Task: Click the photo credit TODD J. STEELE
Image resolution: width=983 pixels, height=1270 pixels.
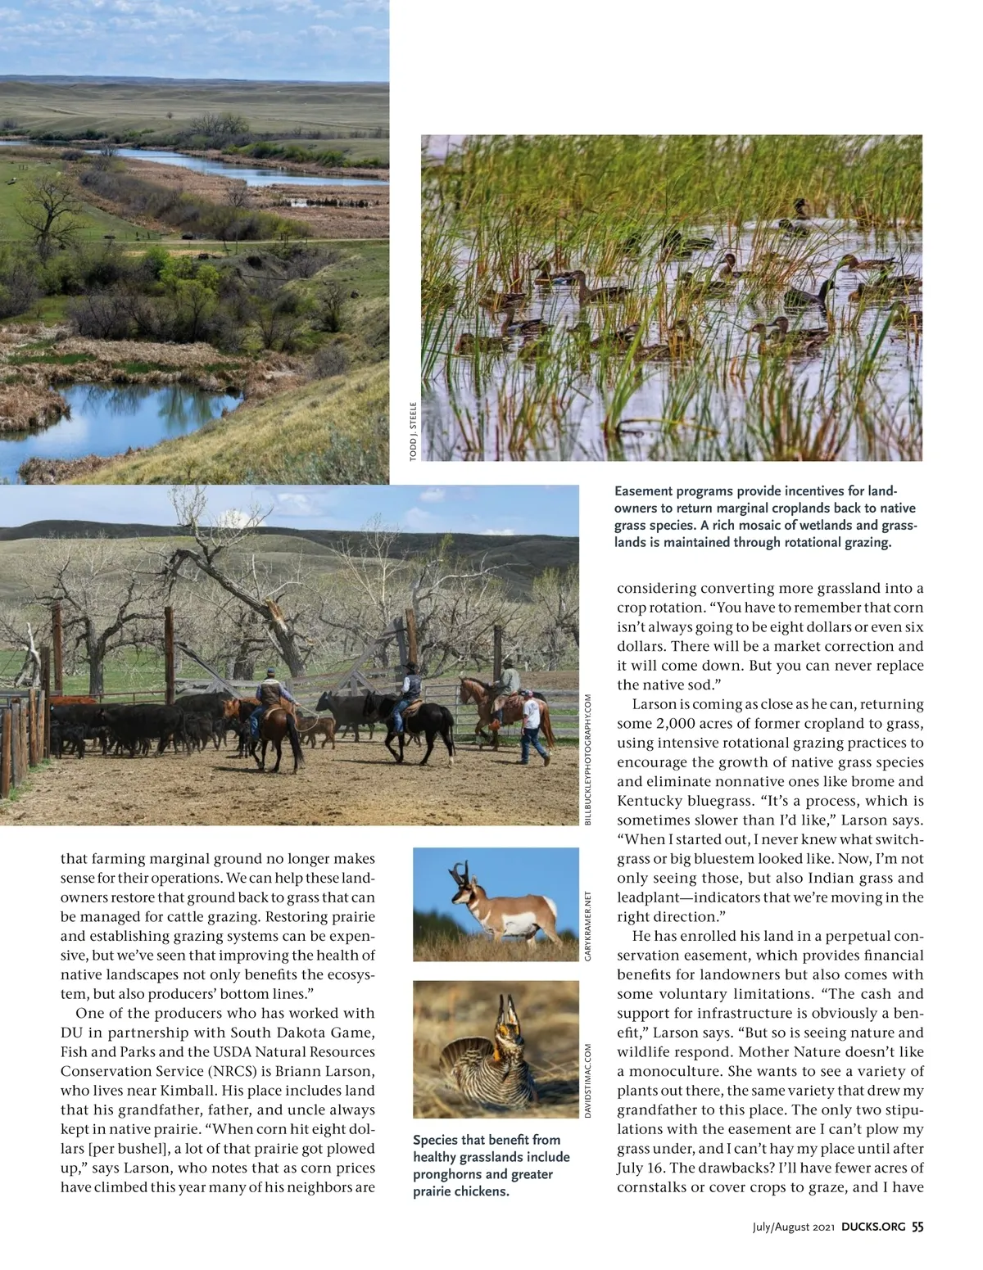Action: tap(414, 430)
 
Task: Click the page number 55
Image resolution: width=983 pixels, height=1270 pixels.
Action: tap(917, 1227)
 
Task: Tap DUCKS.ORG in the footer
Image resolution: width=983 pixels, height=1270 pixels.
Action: tap(873, 1227)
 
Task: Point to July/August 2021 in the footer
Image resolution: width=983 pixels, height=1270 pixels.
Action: tap(793, 1227)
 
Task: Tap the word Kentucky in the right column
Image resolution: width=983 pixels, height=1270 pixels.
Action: tap(650, 801)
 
